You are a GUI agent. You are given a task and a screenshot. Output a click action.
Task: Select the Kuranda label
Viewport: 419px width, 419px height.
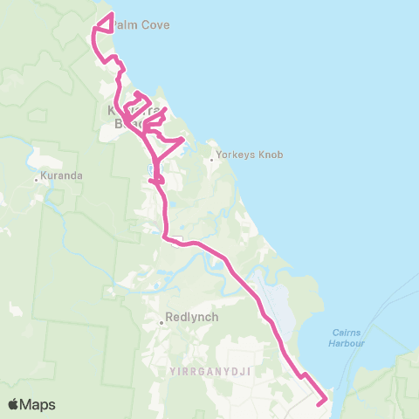[x=62, y=176]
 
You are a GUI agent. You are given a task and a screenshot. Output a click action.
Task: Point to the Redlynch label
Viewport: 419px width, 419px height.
[x=189, y=319]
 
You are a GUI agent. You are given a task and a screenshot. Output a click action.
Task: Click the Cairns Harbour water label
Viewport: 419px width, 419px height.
[x=354, y=337]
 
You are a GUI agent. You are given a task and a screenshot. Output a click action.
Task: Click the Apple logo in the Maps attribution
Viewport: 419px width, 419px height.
[x=14, y=404]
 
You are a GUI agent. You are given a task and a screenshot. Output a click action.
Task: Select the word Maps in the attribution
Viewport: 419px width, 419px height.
[x=38, y=404]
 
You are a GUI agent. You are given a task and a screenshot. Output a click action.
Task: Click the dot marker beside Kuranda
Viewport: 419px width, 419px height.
[x=36, y=180]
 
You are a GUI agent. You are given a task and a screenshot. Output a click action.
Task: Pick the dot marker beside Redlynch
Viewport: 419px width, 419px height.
[x=161, y=322]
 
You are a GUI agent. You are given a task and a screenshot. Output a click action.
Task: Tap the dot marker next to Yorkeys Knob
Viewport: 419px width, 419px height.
[x=212, y=159]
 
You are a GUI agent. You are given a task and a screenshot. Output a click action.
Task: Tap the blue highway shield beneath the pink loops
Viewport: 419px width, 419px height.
[x=153, y=167]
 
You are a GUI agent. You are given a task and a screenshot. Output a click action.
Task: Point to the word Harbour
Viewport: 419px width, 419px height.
[x=354, y=342]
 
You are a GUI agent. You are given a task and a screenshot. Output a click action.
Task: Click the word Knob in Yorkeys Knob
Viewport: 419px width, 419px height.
[x=271, y=156]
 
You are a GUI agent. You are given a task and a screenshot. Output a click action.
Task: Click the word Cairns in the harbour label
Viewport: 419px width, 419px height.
[x=354, y=332]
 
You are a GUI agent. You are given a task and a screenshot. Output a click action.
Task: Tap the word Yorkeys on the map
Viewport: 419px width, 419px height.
[x=238, y=156]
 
